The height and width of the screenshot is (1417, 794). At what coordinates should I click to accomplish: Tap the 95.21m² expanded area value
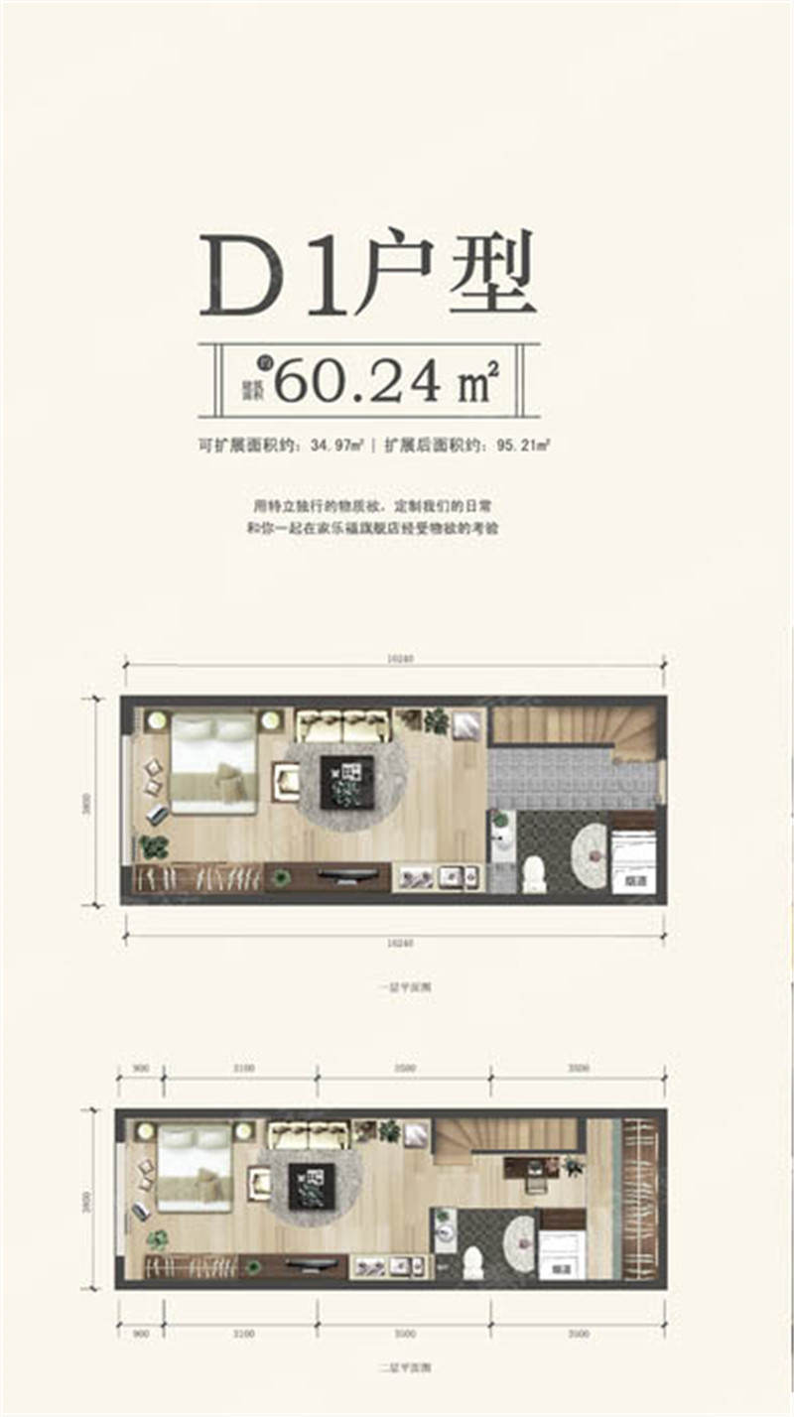coord(523,448)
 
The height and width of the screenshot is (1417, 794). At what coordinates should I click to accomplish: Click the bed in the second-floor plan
coord(195,1167)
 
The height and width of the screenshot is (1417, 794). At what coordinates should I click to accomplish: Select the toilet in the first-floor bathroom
coord(535,872)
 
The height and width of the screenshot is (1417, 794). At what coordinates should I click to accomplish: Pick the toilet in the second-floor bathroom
coord(474,1261)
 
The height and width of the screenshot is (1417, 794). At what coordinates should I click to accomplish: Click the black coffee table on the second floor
coord(311,1185)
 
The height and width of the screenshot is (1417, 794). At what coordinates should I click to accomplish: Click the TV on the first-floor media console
coord(347,875)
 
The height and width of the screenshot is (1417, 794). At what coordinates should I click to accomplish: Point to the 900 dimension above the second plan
coord(140,1068)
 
